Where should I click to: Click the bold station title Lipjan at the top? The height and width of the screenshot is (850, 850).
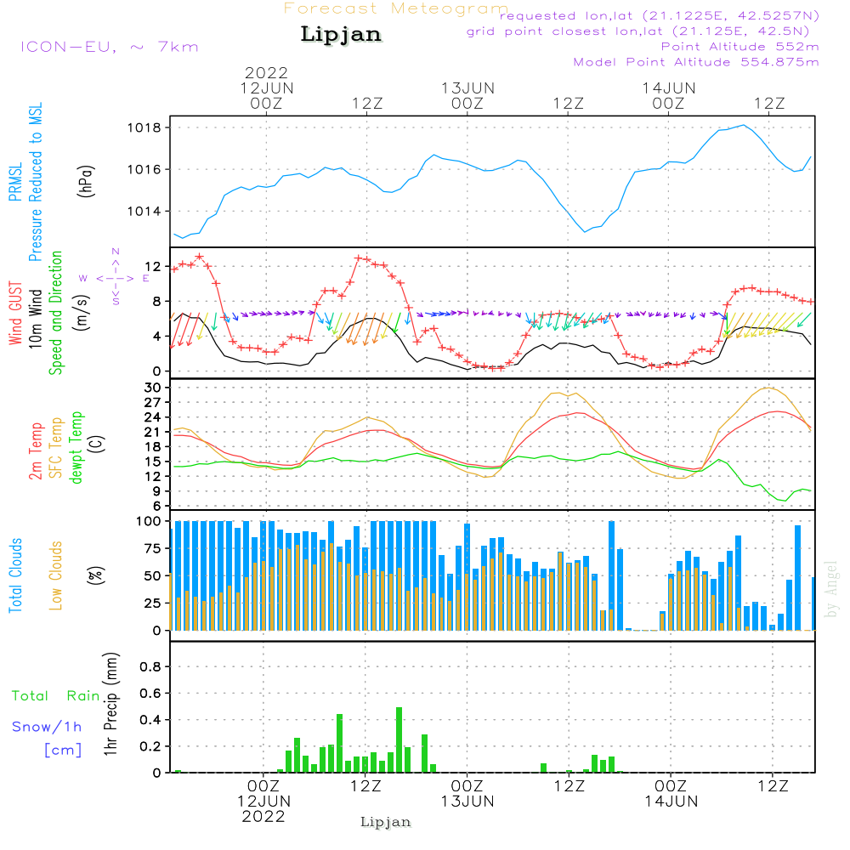pos(341,35)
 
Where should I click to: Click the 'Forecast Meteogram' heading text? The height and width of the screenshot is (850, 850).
pos(396,8)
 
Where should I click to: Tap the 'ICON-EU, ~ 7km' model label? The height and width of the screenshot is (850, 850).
pos(109,46)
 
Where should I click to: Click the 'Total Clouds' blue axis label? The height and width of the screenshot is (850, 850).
pos(15,575)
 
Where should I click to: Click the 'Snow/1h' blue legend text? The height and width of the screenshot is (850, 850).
pos(48,727)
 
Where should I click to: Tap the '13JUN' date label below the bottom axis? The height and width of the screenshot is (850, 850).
pos(467,801)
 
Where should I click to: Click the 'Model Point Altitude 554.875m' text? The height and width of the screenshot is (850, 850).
pos(696,62)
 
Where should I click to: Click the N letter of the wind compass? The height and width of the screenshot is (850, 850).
pos(116,252)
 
